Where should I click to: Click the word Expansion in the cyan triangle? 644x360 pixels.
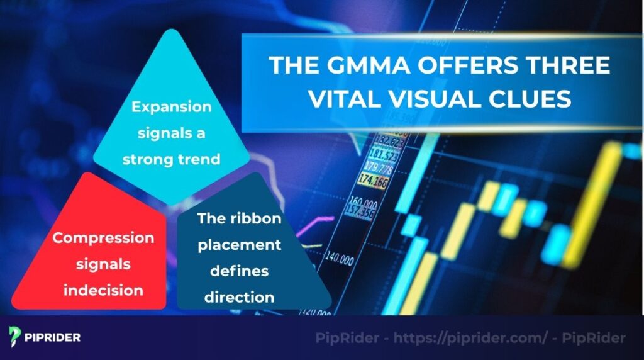[x=171, y=107]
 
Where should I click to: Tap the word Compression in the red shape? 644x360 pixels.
[x=103, y=238]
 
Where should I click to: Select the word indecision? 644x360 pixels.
[x=103, y=290]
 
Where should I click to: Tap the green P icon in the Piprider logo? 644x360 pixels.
[x=16, y=337]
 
